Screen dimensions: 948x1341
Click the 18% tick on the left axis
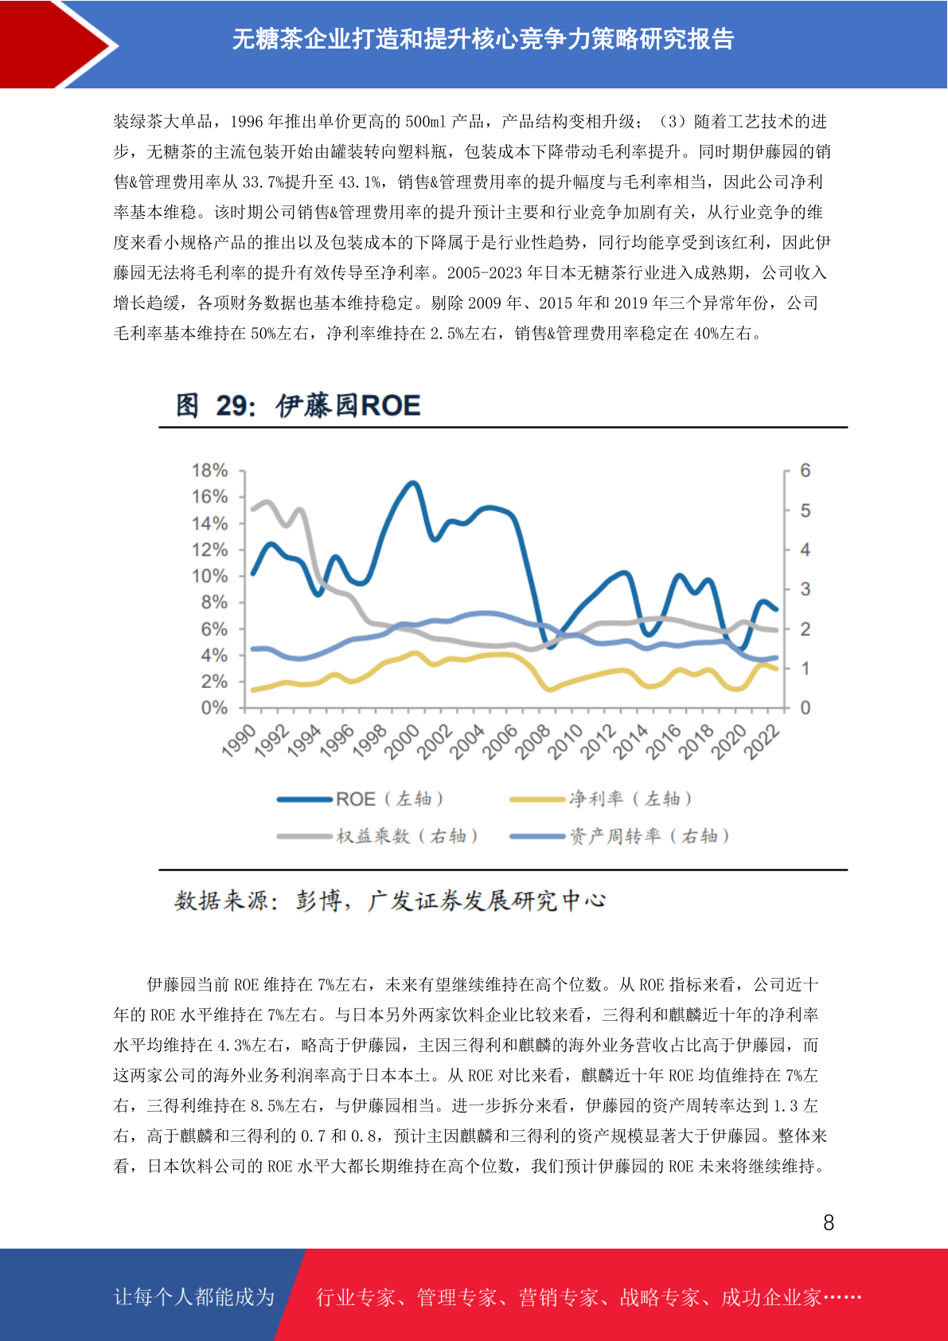[209, 471]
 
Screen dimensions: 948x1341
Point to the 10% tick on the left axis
[209, 576]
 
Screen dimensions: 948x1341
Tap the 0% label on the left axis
[214, 708]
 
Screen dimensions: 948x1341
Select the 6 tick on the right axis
[805, 471]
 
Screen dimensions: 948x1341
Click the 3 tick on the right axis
[805, 589]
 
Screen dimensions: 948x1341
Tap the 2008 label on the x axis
[533, 741]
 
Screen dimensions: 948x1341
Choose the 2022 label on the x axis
[761, 741]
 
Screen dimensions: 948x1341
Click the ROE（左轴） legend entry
[361, 799]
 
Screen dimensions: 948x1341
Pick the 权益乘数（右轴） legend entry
[377, 835]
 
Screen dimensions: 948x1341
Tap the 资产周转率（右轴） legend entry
[620, 835]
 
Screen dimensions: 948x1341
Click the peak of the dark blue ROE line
[412, 483]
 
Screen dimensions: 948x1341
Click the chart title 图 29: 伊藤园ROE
[298, 405]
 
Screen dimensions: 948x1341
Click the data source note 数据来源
[389, 901]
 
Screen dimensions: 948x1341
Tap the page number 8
[829, 1222]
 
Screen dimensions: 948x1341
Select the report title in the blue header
[483, 40]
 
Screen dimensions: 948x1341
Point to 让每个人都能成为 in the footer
[194, 1296]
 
